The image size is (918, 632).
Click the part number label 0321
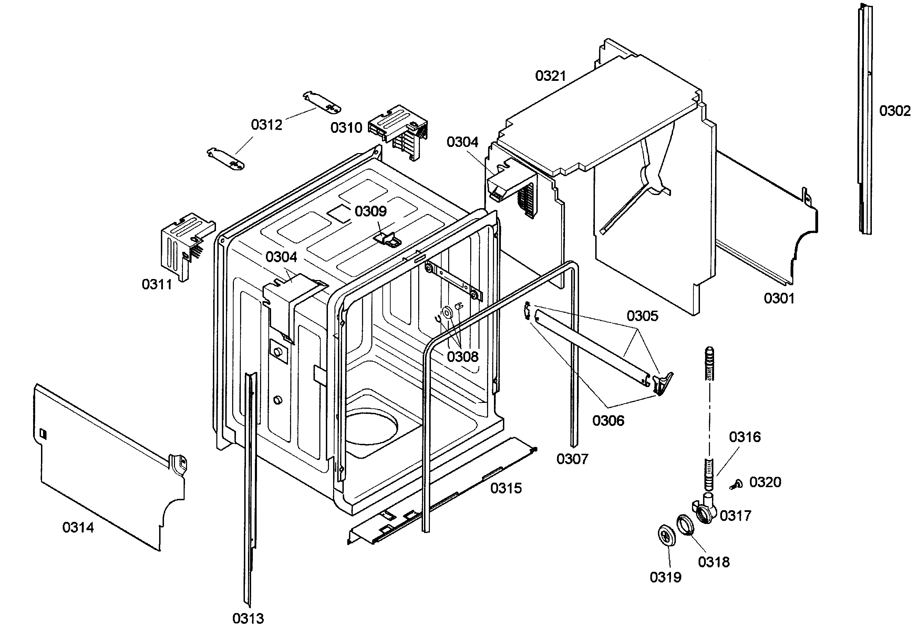(550, 76)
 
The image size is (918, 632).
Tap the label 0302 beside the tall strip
(895, 111)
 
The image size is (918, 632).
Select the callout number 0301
(779, 298)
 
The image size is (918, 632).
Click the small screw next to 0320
(736, 484)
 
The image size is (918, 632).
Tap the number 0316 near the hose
(745, 437)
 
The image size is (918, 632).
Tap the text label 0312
(266, 125)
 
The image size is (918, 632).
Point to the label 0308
(463, 356)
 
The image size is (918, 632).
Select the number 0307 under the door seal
(572, 459)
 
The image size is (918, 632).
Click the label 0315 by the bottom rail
(506, 488)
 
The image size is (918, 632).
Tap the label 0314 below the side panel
(78, 527)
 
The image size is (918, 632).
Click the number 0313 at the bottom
(248, 618)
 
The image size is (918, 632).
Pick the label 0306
(608, 420)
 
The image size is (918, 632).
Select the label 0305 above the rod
(642, 316)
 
